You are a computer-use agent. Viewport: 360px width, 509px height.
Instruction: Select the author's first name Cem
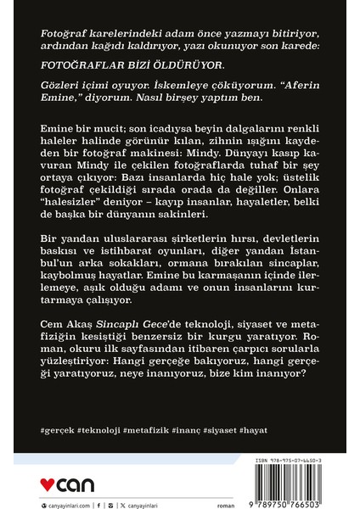click(52, 327)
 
